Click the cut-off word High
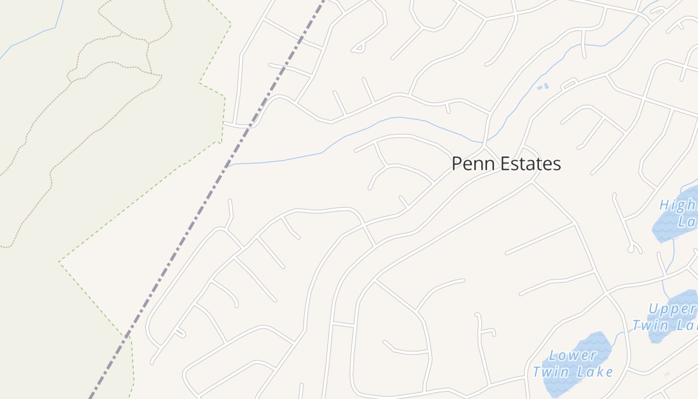[x=678, y=205]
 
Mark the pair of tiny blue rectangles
[x=542, y=87]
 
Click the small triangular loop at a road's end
[x=358, y=48]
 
